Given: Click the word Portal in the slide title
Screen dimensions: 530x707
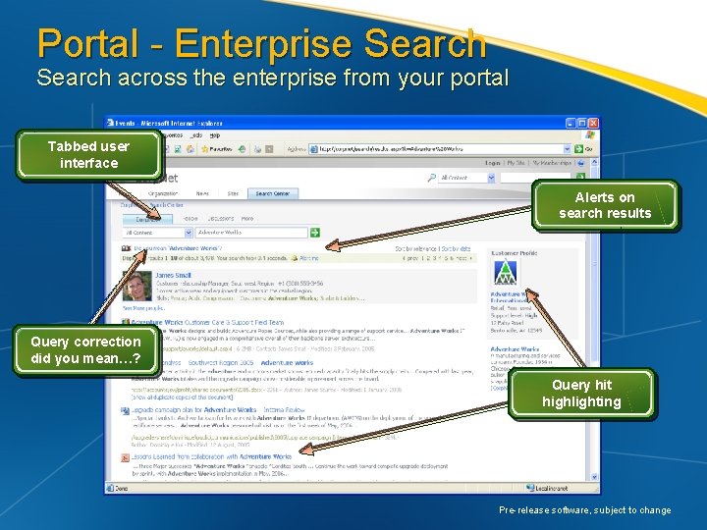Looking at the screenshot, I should click(x=87, y=44).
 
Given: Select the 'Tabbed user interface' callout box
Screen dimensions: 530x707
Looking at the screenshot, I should click(x=88, y=154).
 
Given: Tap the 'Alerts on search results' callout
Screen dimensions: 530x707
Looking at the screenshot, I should click(x=605, y=205).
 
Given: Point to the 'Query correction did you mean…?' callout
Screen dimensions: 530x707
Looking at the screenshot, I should click(x=85, y=349).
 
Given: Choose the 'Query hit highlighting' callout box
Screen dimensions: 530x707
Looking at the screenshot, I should click(x=580, y=394).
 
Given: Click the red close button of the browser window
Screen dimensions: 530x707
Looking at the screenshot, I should click(x=592, y=123).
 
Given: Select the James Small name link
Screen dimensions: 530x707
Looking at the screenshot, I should click(x=174, y=276).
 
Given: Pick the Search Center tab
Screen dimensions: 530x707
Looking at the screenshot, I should click(x=273, y=193).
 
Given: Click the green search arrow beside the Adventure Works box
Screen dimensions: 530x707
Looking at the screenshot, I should click(x=315, y=233).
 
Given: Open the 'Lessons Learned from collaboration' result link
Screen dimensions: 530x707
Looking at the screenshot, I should click(x=211, y=456).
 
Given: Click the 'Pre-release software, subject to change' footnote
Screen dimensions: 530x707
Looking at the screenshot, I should click(x=584, y=510).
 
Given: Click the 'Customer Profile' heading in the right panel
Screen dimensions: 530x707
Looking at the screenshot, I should click(x=514, y=252).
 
